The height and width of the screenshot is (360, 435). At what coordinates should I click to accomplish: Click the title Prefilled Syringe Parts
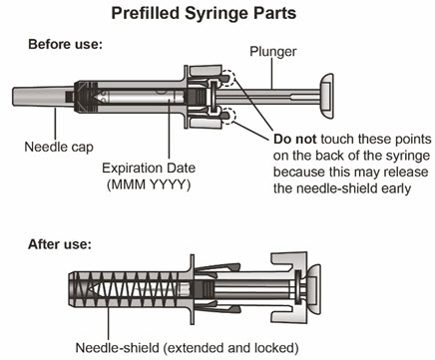204,13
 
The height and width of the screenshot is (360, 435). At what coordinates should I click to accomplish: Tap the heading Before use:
65,44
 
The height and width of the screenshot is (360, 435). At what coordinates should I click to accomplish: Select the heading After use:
60,244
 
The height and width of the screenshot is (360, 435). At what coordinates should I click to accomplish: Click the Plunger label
273,52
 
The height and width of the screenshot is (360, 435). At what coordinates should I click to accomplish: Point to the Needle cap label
59,147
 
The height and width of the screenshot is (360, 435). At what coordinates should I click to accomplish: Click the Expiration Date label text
149,168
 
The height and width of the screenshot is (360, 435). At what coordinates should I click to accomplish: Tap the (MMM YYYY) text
149,184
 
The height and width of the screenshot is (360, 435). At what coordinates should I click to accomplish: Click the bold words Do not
294,139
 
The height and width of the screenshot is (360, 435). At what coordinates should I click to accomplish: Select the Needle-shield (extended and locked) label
187,348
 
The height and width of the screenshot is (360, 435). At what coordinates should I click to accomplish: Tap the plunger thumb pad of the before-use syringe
326,97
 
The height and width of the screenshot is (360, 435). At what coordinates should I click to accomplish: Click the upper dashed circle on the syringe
228,78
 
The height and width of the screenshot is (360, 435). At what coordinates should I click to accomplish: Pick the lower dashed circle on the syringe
228,116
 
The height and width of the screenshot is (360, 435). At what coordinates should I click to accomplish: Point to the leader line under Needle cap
56,123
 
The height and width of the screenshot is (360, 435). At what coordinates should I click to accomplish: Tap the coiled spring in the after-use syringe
132,289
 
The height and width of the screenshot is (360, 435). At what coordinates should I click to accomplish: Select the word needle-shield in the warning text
336,188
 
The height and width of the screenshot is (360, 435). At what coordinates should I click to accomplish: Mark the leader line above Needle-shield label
108,322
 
